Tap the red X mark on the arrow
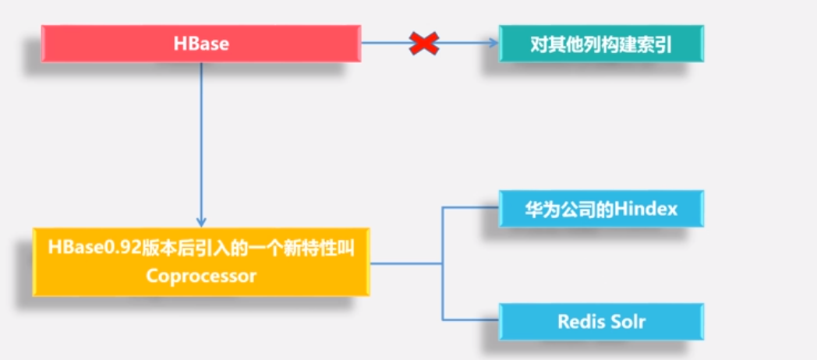tap(423, 44)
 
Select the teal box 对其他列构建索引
tap(601, 44)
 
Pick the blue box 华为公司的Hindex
tap(601, 209)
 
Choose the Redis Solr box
tap(601, 322)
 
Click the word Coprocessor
tap(201, 276)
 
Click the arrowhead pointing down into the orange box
tap(201, 222)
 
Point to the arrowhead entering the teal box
tap(493, 44)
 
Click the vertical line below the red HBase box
tap(201, 140)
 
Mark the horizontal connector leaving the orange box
tap(405, 263)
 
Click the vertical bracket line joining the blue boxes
tap(442, 263)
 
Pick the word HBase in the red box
tap(201, 44)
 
